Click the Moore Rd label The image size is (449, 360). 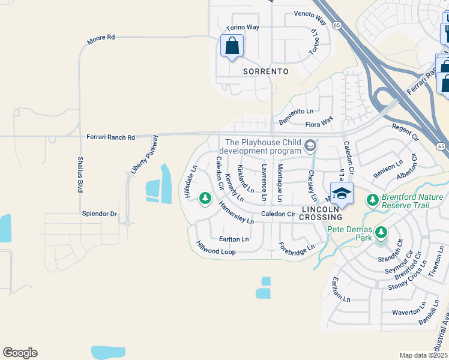pos(100,40)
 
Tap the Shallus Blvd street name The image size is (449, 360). pos(80,175)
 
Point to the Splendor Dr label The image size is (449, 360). pos(99,214)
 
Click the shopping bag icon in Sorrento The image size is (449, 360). pos(232,46)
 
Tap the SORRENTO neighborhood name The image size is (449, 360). pos(265,71)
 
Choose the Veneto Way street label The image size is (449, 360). pos(310,17)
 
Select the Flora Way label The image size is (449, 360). pos(319,124)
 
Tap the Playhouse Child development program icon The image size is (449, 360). pos(310,145)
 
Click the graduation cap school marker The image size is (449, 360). pos(341,194)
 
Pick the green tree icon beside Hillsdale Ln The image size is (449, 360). pos(205,197)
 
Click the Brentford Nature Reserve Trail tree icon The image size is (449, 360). pos(372,199)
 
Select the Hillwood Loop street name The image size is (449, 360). pos(215,248)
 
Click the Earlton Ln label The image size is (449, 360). pos(234,239)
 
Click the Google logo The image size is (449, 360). pos(20,353)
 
